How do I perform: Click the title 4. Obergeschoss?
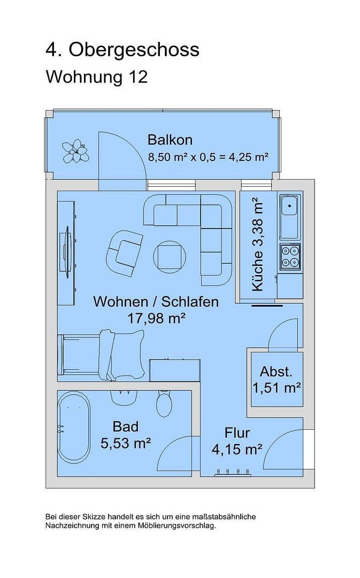pyautogui.click(x=122, y=50)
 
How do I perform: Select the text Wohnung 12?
pyautogui.click(x=96, y=77)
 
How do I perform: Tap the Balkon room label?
pyautogui.click(x=170, y=140)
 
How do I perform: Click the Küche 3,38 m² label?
pyautogui.click(x=257, y=244)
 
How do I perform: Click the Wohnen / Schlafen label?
pyautogui.click(x=156, y=301)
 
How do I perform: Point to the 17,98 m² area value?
pyautogui.click(x=156, y=318)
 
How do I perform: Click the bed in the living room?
pyautogui.click(x=102, y=355)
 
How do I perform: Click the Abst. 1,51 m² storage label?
pyautogui.click(x=276, y=379)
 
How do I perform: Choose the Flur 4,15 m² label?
pyautogui.click(x=237, y=441)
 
